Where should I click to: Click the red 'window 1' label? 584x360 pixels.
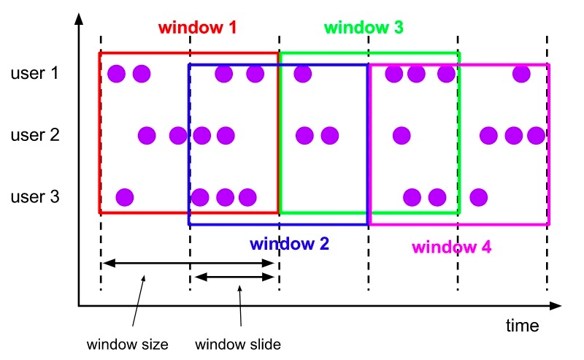tap(197, 28)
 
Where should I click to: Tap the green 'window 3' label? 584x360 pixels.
tap(364, 28)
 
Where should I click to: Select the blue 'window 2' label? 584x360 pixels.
tap(289, 244)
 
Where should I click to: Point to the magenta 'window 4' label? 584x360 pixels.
tap(451, 247)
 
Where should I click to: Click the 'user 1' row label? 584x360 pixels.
tap(34, 73)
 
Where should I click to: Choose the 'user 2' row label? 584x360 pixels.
tap(35, 135)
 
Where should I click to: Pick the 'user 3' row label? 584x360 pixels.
tap(35, 196)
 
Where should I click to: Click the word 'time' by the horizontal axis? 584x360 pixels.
tap(522, 326)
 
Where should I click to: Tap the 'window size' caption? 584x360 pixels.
tap(127, 345)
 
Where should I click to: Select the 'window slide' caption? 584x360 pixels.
tap(238, 345)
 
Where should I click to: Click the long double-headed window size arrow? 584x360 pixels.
tap(188, 264)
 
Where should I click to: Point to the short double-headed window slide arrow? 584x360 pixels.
tap(234, 277)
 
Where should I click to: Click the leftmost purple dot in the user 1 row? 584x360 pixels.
tap(117, 74)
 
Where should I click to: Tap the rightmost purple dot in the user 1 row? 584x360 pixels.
tap(521, 74)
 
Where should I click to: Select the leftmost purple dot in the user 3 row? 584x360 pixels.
tap(125, 197)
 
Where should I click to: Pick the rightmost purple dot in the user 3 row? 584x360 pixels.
tap(479, 197)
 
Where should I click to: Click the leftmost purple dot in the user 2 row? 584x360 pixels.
tap(147, 135)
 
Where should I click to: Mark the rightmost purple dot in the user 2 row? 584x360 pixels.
tap(537, 135)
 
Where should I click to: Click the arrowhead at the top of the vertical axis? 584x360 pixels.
tap(79, 19)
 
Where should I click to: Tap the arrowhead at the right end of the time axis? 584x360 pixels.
tap(556, 306)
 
